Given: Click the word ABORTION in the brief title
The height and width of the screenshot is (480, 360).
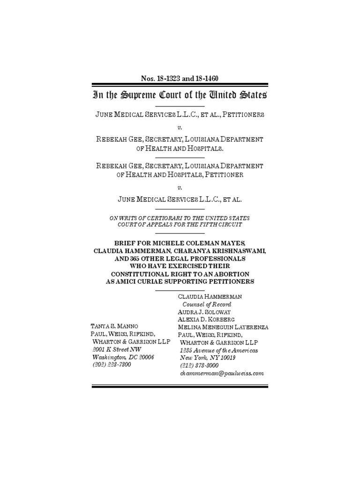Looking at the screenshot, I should (224, 274).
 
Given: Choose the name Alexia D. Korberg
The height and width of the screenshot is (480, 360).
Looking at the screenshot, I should (206, 319).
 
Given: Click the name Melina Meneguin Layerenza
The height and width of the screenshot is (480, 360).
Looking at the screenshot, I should (223, 327).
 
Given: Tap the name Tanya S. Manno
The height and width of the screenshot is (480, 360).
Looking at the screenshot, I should (114, 327).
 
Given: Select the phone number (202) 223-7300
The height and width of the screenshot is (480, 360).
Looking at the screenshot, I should (112, 365).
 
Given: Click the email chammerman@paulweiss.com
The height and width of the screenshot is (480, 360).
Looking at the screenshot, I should (222, 374).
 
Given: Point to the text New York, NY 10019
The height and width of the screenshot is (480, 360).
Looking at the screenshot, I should (208, 358).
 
